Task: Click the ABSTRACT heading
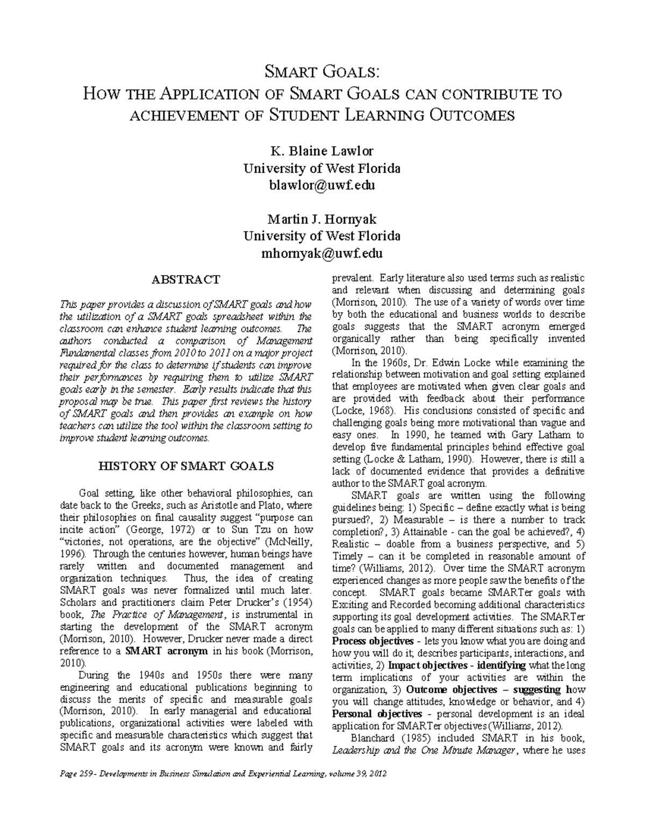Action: (185, 280)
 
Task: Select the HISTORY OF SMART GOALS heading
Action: (185, 466)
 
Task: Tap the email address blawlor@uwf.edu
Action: (321, 185)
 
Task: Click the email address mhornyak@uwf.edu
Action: (321, 253)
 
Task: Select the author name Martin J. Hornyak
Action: (321, 219)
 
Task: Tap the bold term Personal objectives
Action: (377, 714)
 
